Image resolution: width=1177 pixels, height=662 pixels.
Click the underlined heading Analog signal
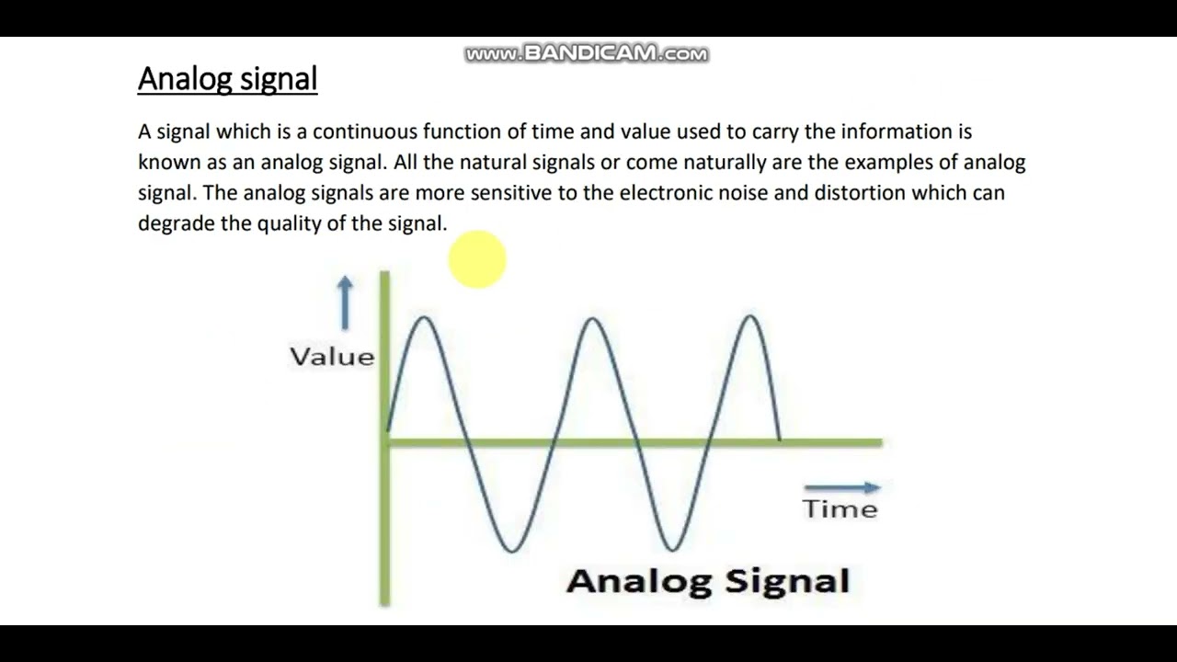pyautogui.click(x=227, y=79)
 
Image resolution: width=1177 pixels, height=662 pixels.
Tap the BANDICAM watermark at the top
pyautogui.click(x=586, y=54)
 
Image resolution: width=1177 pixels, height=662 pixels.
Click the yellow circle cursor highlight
pyautogui.click(x=477, y=259)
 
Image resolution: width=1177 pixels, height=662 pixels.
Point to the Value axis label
pyautogui.click(x=332, y=357)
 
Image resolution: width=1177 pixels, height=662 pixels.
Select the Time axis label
pyautogui.click(x=840, y=509)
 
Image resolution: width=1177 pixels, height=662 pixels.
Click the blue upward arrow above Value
pyautogui.click(x=345, y=302)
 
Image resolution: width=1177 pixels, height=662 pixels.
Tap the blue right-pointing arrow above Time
pyautogui.click(x=841, y=488)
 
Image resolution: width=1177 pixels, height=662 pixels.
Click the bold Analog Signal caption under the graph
pyautogui.click(x=707, y=581)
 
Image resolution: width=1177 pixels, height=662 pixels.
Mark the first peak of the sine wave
pyautogui.click(x=424, y=318)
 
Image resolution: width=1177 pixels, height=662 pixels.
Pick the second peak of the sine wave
pyautogui.click(x=592, y=319)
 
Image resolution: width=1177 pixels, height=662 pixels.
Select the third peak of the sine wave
pyautogui.click(x=750, y=317)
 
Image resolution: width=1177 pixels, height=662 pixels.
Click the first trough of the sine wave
pyautogui.click(x=512, y=551)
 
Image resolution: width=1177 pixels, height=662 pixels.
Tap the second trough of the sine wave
pyautogui.click(x=673, y=551)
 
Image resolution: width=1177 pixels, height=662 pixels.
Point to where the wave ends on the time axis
pyautogui.click(x=780, y=441)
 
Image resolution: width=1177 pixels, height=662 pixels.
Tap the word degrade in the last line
pyautogui.click(x=177, y=223)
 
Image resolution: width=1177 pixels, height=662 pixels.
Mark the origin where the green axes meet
pyautogui.click(x=385, y=442)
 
